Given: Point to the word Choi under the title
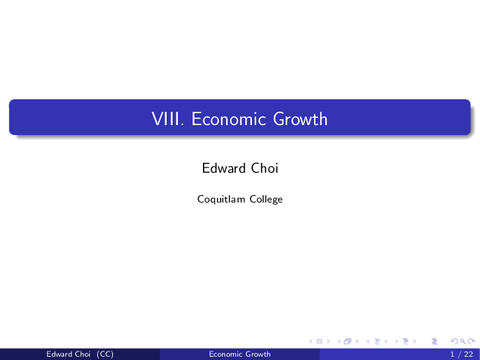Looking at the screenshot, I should pyautogui.click(x=264, y=168).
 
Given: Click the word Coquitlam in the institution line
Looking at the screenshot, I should pyautogui.click(x=221, y=199).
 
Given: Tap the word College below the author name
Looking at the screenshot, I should pyautogui.click(x=266, y=199).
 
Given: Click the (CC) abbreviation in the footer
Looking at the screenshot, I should pyautogui.click(x=104, y=354).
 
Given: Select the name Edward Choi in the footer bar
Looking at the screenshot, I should pyautogui.click(x=68, y=354).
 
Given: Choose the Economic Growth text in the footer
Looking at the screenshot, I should pyautogui.click(x=239, y=354).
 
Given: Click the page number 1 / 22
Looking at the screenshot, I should pyautogui.click(x=461, y=354).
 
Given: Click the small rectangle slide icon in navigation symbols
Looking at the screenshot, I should pyautogui.click(x=319, y=341).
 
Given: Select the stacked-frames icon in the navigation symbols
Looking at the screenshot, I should pyautogui.click(x=346, y=341).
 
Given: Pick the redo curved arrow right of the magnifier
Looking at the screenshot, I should pyautogui.click(x=471, y=341).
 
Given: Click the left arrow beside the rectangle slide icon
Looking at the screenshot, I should pyautogui.click(x=311, y=341).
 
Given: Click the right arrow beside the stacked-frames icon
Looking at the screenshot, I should pyautogui.click(x=356, y=341).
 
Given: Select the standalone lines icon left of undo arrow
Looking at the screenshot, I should pyautogui.click(x=434, y=341).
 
